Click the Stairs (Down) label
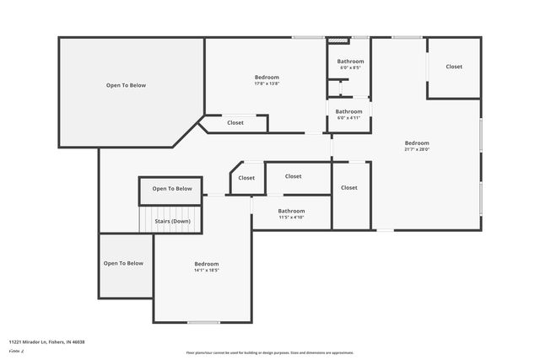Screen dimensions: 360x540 point(173,221)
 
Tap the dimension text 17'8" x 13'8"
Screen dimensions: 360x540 point(267,83)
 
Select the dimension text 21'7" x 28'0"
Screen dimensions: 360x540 point(417,149)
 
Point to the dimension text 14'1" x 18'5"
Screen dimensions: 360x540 point(207,271)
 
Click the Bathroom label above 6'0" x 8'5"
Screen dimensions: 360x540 point(350,62)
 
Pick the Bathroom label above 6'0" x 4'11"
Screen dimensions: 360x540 point(348,111)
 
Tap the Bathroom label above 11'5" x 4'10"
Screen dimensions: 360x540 point(291,211)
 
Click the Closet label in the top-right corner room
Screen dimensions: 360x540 point(454,67)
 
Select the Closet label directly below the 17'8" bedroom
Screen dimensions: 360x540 point(235,123)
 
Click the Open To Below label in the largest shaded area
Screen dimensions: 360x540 point(126,85)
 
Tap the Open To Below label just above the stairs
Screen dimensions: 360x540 point(172,189)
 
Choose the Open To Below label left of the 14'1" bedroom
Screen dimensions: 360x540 point(123,263)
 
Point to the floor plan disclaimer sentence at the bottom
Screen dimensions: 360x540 point(269,352)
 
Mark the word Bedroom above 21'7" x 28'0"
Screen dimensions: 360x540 point(417,142)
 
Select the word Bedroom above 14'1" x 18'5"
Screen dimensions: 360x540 point(207,264)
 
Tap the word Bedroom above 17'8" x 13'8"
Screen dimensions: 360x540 point(267,77)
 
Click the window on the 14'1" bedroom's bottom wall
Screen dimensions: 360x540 point(203,322)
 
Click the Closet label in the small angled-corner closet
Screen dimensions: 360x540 point(246,178)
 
